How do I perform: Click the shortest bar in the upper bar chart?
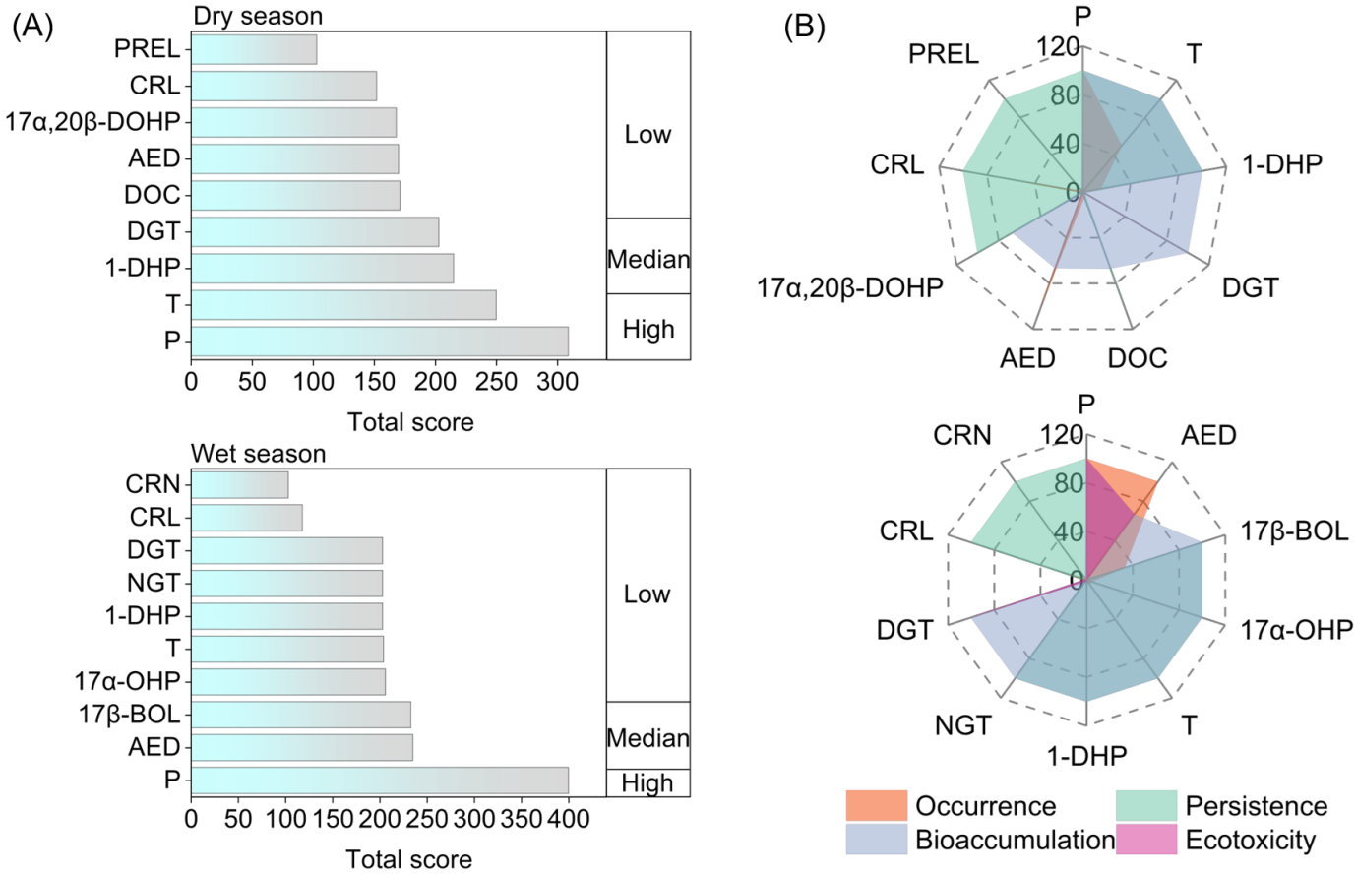[x=254, y=50]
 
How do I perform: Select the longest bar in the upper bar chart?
[x=379, y=342]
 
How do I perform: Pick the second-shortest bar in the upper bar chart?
[x=283, y=87]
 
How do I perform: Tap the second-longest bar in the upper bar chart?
[x=343, y=305]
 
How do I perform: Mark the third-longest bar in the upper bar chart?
[x=322, y=269]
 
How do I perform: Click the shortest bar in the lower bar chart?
[x=239, y=485]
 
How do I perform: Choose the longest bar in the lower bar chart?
[x=379, y=781]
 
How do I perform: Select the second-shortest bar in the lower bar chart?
[x=246, y=518]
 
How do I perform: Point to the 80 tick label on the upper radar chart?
[x=1065, y=96]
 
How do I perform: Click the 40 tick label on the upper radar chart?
[x=1065, y=145]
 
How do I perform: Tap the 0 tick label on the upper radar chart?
[x=1073, y=193]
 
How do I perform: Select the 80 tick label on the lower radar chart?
[x=1069, y=484]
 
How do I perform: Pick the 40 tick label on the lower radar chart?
[x=1069, y=532]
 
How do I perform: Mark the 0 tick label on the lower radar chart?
[x=1077, y=581]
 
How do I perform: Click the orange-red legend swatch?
[x=877, y=805]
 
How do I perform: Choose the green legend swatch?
[x=1146, y=805]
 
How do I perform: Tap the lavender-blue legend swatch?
[x=877, y=840]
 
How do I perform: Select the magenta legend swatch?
[x=1146, y=840]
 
